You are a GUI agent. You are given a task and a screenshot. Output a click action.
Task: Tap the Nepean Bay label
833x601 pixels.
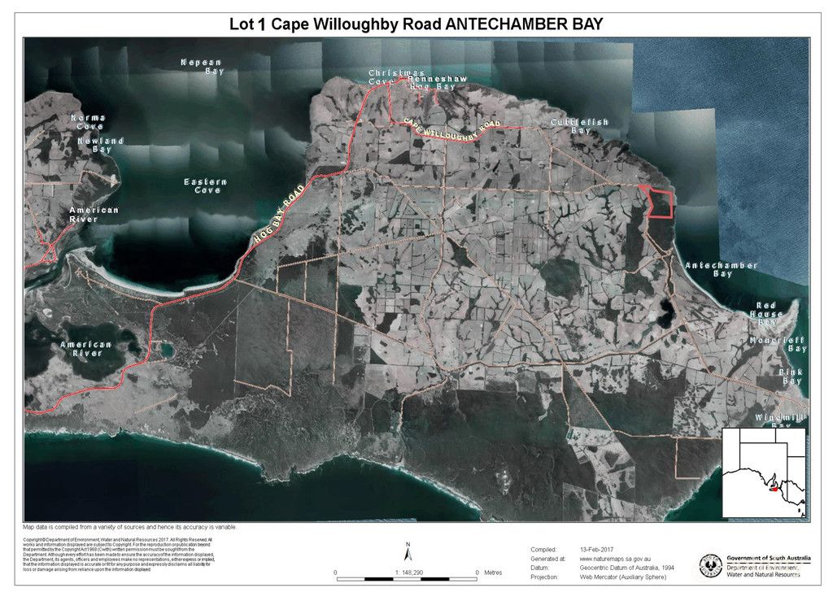click(x=202, y=67)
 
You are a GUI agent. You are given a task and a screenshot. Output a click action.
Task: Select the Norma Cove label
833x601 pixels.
click(x=89, y=122)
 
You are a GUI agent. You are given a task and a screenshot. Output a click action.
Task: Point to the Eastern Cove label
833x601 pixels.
click(x=205, y=185)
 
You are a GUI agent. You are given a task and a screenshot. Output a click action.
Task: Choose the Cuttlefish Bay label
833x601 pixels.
click(x=579, y=126)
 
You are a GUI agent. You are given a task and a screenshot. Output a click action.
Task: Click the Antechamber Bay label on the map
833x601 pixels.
click(x=721, y=269)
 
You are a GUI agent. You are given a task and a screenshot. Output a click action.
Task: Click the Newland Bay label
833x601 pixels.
click(x=100, y=145)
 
